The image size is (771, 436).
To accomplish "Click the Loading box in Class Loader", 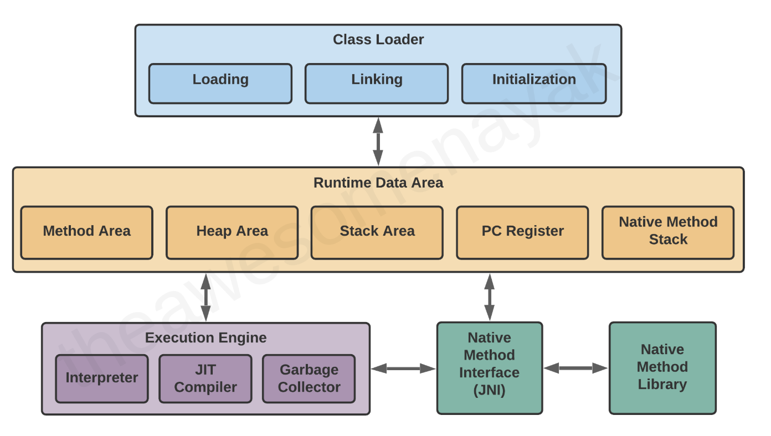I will tap(220, 84).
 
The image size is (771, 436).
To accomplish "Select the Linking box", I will tap(376, 84).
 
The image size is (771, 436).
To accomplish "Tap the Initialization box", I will tap(533, 84).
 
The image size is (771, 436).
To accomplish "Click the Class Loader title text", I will tap(378, 40).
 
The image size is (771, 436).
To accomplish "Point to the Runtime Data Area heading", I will tap(378, 183).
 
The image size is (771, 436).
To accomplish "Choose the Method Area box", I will tap(86, 232).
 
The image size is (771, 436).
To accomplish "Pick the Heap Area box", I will tap(232, 232).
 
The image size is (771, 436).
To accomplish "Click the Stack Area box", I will tap(377, 232).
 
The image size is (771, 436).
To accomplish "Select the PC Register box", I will tap(522, 232).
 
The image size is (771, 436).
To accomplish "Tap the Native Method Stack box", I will tap(667, 232).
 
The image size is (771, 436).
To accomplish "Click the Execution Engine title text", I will tap(205, 338).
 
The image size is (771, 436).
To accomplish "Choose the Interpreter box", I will tap(102, 378).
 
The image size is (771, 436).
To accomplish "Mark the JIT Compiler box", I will tap(205, 378).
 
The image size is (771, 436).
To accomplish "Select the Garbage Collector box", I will tap(309, 378).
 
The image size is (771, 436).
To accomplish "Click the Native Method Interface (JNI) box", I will tap(489, 368).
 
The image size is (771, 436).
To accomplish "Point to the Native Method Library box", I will tap(662, 368).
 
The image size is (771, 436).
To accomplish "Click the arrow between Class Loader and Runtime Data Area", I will tap(378, 142).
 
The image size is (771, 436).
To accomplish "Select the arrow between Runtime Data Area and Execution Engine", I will tap(206, 297).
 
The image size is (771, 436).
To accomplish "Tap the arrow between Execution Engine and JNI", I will tap(403, 368).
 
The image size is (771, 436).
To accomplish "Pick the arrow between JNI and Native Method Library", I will tap(575, 368).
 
